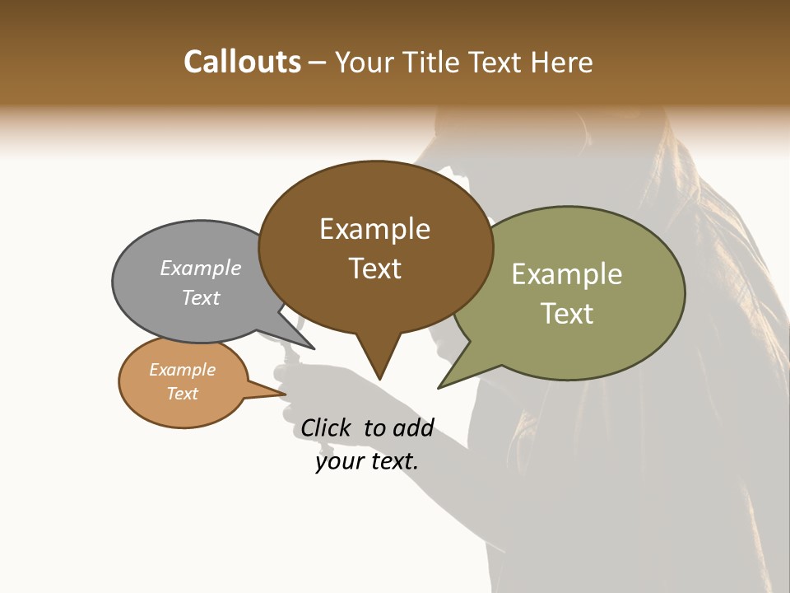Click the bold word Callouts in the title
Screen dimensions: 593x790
tap(242, 62)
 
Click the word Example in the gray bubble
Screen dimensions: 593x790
tap(201, 268)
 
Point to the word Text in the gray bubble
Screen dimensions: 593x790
tap(201, 297)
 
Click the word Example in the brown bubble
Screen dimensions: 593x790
tap(374, 229)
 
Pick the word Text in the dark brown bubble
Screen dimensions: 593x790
tap(375, 268)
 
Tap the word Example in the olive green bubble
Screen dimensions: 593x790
tap(567, 274)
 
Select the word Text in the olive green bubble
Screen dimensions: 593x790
tap(567, 314)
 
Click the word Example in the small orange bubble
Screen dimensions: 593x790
tap(182, 370)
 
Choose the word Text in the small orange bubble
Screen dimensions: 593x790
tap(182, 394)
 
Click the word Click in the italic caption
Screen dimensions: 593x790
tap(325, 427)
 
